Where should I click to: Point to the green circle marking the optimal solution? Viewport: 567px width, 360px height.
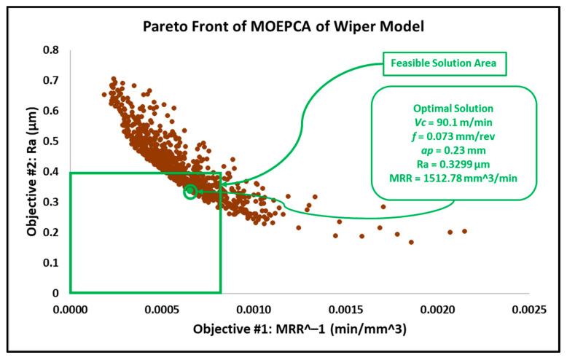[x=190, y=192]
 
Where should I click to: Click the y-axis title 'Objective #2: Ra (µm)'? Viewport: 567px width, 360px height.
[x=32, y=171]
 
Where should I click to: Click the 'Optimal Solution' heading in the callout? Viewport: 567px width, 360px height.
[x=454, y=109]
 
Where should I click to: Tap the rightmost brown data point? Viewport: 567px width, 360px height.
[x=464, y=231]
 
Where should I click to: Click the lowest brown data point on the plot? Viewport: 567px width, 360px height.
[x=411, y=242]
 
